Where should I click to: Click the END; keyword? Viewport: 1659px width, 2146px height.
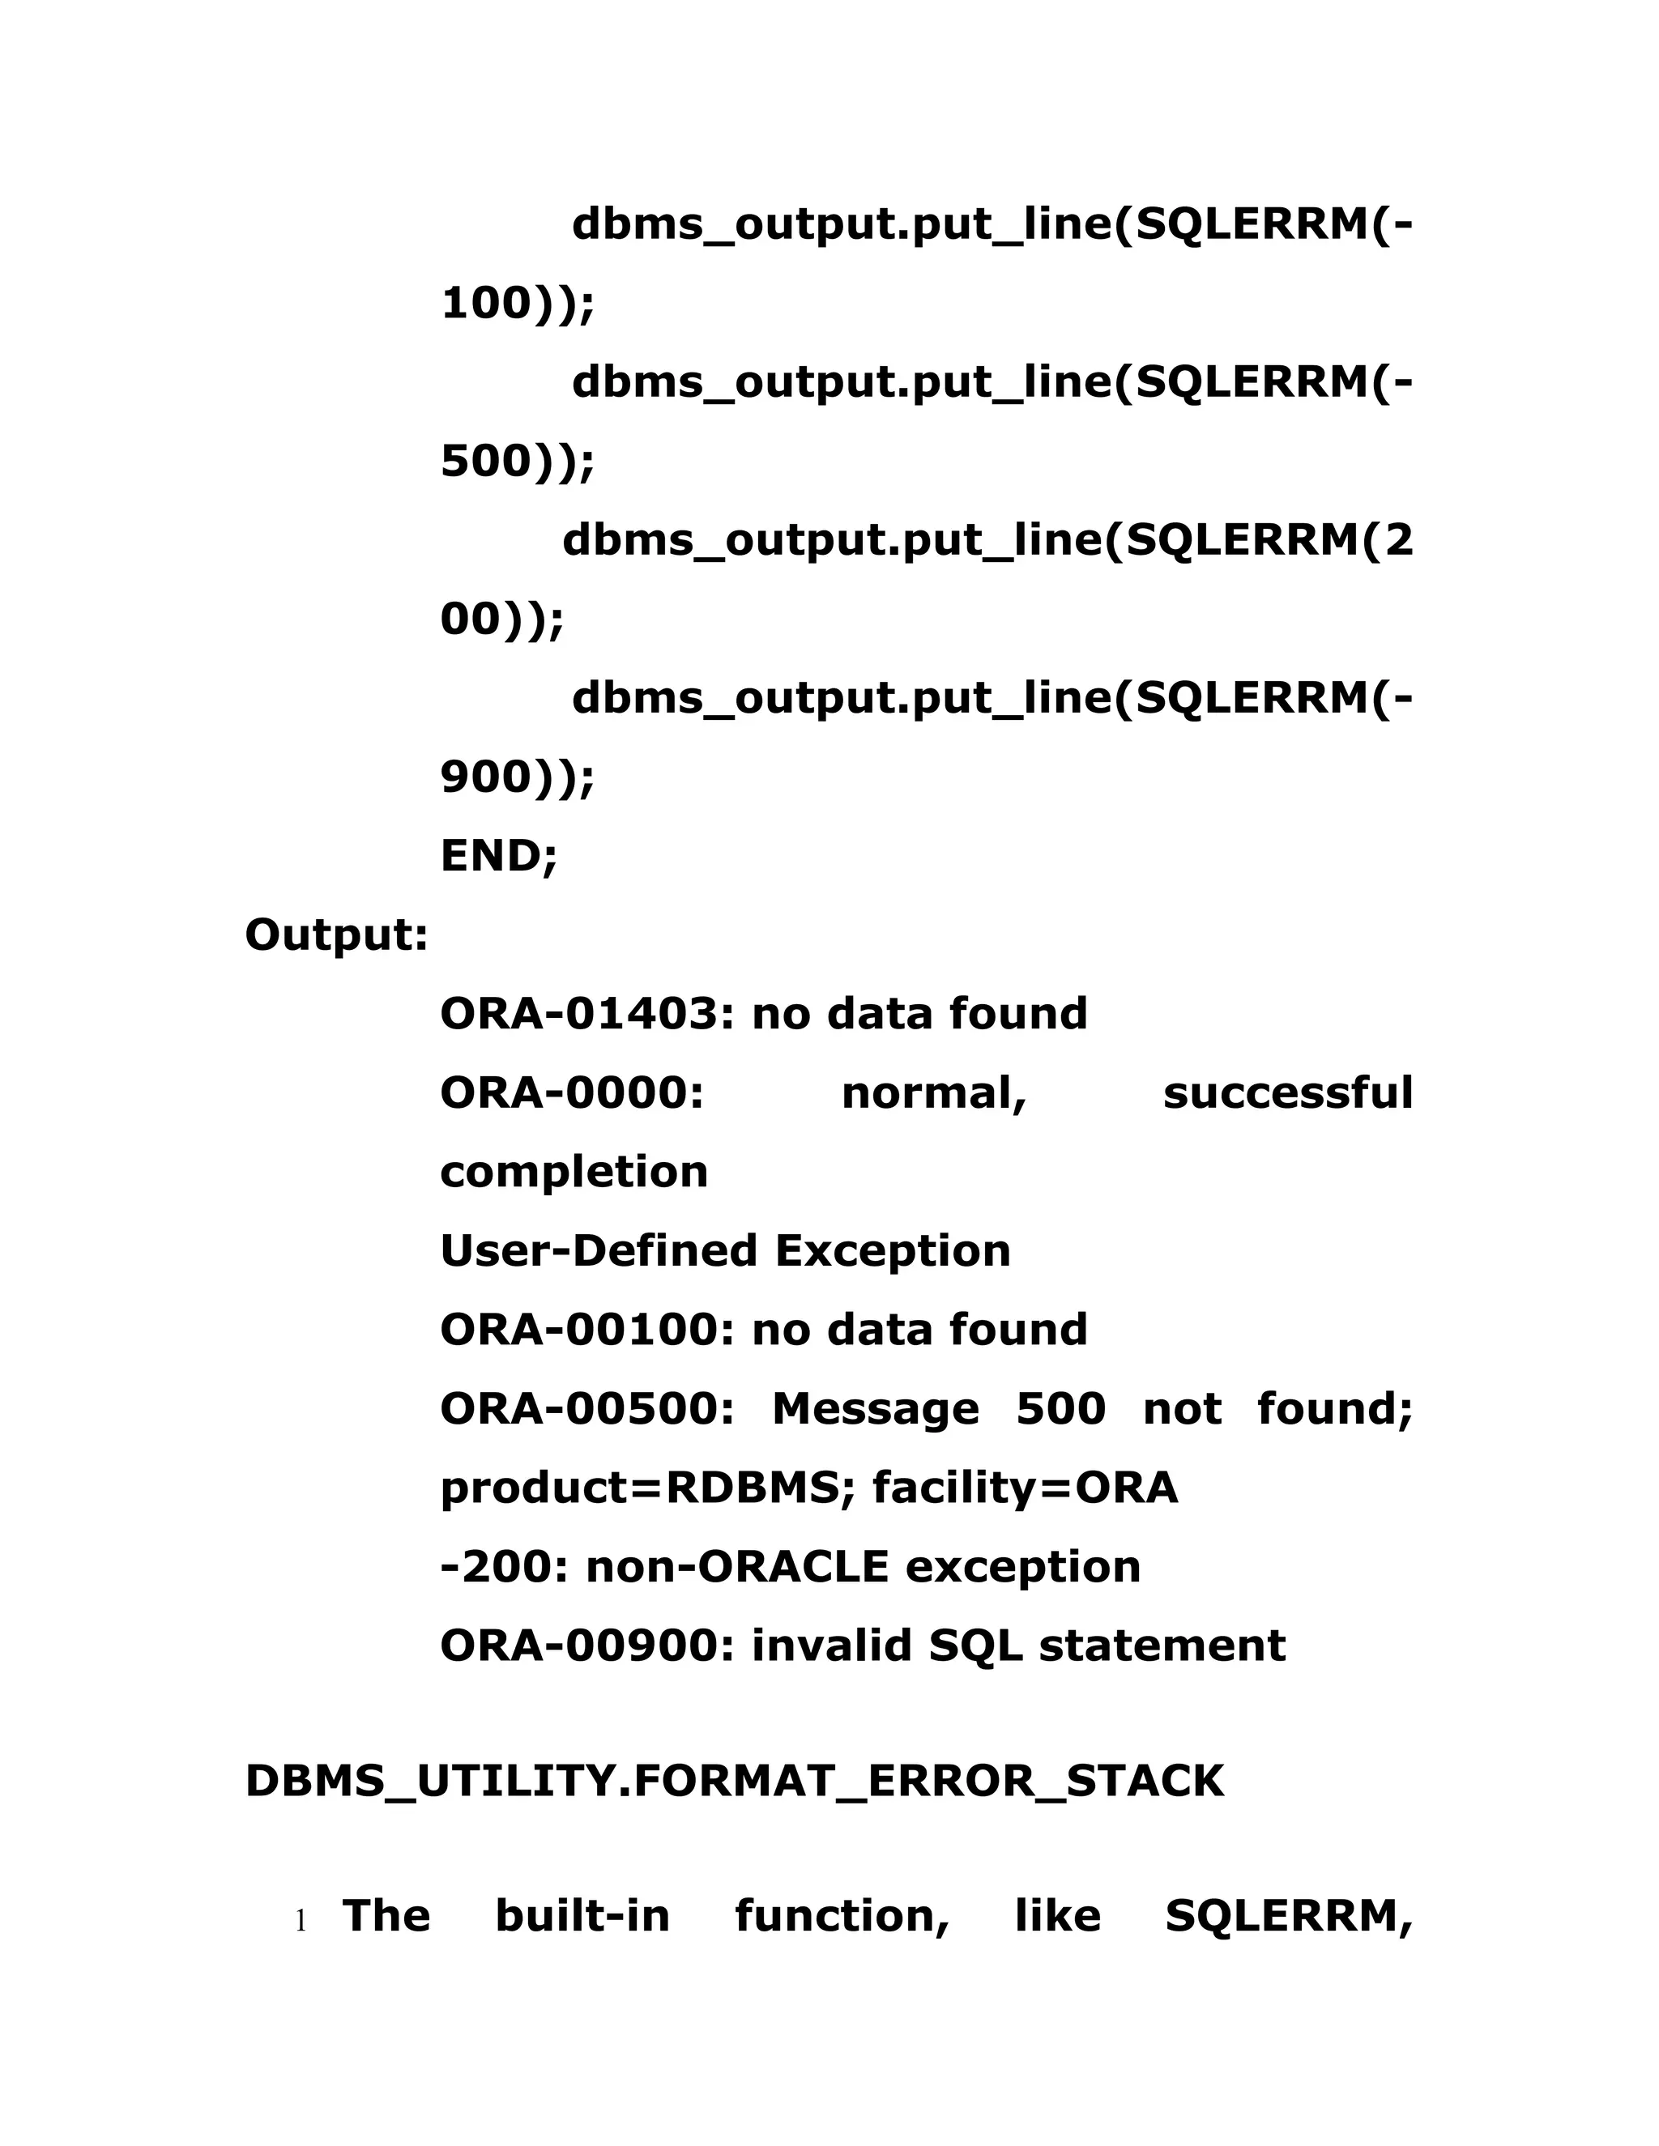(x=498, y=856)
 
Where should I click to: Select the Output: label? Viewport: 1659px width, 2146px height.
(x=336, y=935)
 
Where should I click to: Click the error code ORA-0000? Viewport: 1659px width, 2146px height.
(x=572, y=1092)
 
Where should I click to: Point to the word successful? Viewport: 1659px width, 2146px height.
(x=1287, y=1092)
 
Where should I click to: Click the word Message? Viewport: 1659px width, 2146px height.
(x=876, y=1409)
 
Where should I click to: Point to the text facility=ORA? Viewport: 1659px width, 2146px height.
(x=1025, y=1488)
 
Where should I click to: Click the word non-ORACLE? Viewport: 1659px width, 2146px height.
(x=737, y=1567)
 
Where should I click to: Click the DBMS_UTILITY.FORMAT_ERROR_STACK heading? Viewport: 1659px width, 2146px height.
(x=734, y=1782)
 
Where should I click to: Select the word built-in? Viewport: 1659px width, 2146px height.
(x=582, y=1917)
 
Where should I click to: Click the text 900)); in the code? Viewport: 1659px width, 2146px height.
(x=517, y=777)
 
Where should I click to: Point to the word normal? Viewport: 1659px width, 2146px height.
(x=934, y=1092)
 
